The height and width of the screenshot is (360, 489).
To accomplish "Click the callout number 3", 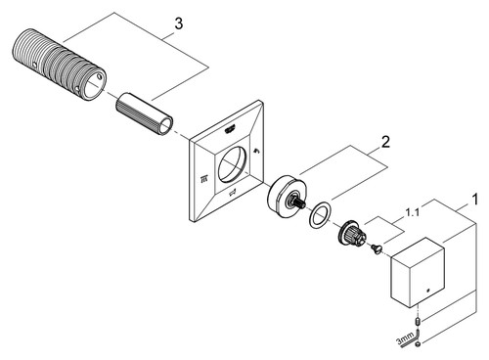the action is [178, 23].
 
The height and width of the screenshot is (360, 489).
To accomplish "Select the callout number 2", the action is [385, 142].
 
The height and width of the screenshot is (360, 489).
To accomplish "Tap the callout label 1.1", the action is [412, 213].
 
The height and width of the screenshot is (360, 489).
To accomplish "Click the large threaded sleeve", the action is [59, 66].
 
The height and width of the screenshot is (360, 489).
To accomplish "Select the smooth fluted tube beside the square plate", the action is [145, 113].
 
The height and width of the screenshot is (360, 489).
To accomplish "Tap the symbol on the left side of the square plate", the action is [204, 178].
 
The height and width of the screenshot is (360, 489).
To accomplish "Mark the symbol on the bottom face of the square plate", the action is [233, 195].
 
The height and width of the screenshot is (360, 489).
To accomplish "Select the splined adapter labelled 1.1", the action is [352, 235].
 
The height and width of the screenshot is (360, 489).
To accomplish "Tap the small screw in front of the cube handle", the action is [376, 249].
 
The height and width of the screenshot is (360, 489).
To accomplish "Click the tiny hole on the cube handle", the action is [428, 290].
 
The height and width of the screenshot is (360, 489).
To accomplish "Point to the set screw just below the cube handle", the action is [418, 322].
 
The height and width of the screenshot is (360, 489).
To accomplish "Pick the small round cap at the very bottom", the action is [418, 344].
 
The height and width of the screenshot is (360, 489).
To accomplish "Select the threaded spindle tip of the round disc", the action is [299, 203].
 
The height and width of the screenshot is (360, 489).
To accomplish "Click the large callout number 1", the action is [475, 200].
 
